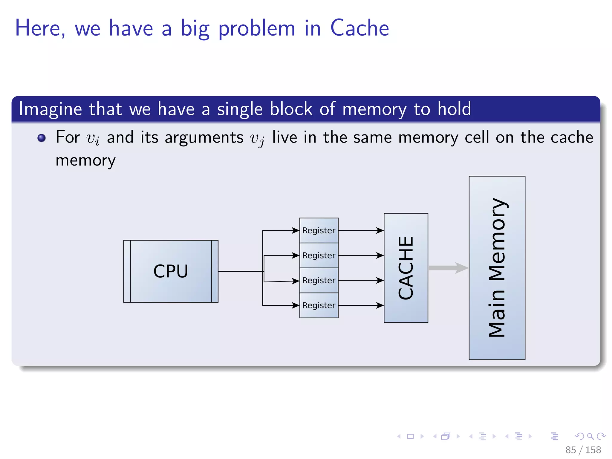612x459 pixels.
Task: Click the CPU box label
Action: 171,271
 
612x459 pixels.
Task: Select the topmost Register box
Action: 319,230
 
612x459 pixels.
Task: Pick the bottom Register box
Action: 319,305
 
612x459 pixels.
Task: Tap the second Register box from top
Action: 319,255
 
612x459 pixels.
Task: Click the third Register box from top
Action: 319,280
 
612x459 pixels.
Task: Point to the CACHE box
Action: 406,268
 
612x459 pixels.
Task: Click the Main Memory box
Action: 497,268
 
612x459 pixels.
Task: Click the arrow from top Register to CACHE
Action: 361,230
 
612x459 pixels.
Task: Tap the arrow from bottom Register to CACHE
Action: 361,305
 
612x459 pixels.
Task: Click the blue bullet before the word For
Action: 42,138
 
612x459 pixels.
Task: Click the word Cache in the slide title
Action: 359,28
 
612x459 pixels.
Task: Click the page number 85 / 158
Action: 583,450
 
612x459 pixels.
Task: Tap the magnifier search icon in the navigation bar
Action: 590,436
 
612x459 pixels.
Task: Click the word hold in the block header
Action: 454,109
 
